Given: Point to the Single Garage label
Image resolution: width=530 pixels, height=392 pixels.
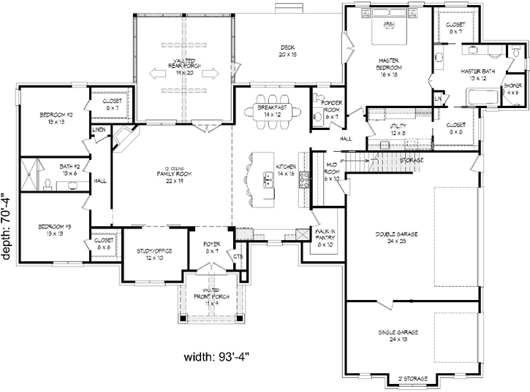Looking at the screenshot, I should pyautogui.click(x=396, y=334).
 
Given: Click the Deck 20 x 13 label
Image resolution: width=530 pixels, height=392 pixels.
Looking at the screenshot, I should pyautogui.click(x=288, y=51).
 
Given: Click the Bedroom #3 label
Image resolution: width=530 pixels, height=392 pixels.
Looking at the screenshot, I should pyautogui.click(x=55, y=231).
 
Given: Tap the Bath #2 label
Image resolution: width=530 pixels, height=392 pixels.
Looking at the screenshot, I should pyautogui.click(x=69, y=170).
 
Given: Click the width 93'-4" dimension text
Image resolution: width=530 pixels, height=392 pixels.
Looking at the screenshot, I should pyautogui.click(x=219, y=358).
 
